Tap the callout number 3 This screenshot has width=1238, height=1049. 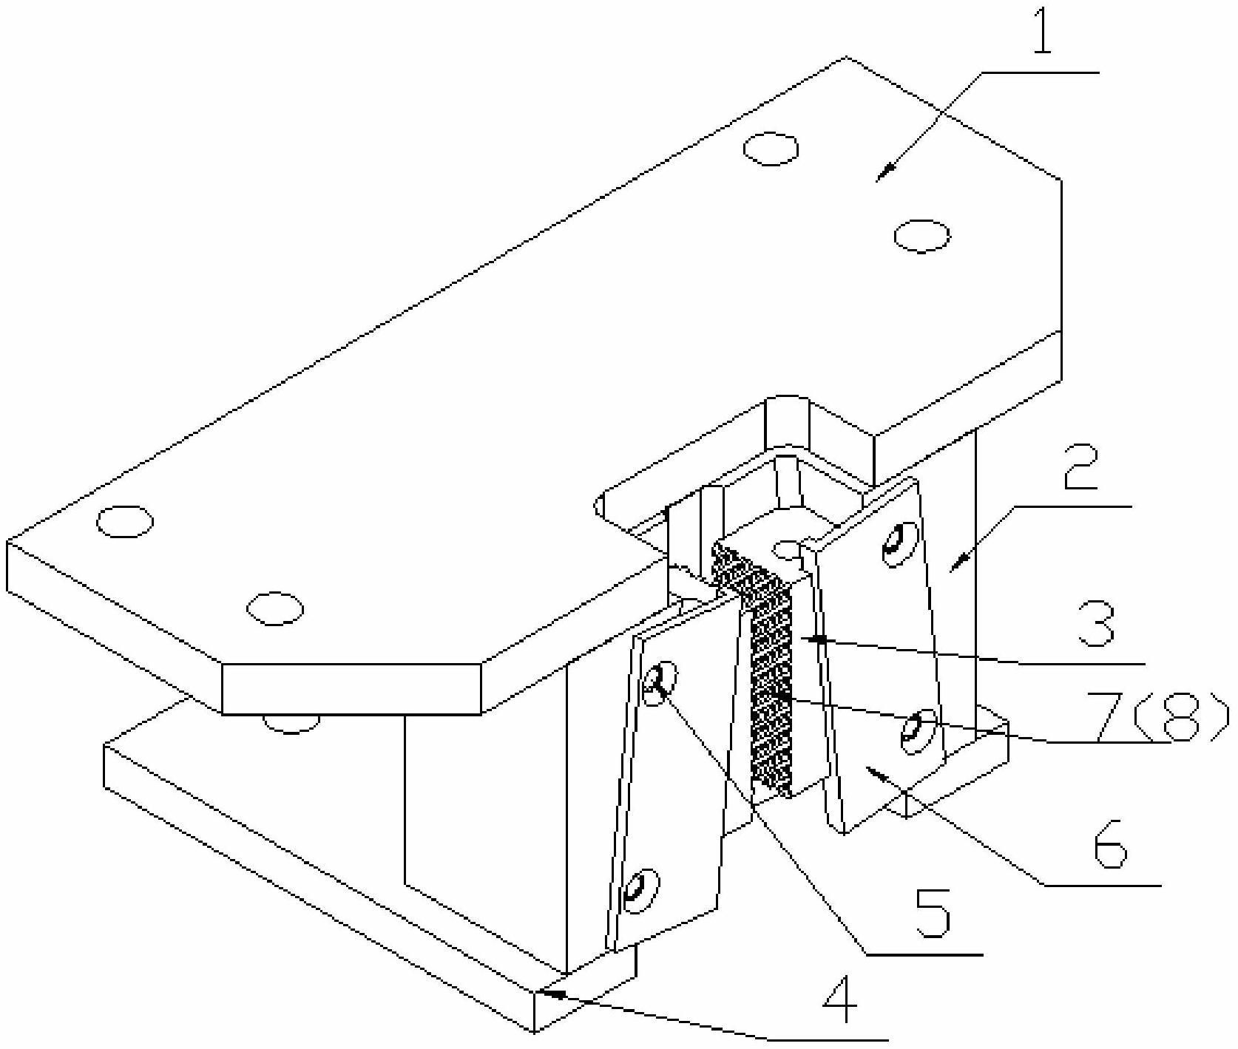coord(1094,622)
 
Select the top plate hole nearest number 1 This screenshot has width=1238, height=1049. coord(771,149)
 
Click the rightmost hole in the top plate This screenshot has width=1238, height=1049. coord(921,236)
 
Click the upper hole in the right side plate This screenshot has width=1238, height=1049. coord(896,546)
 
